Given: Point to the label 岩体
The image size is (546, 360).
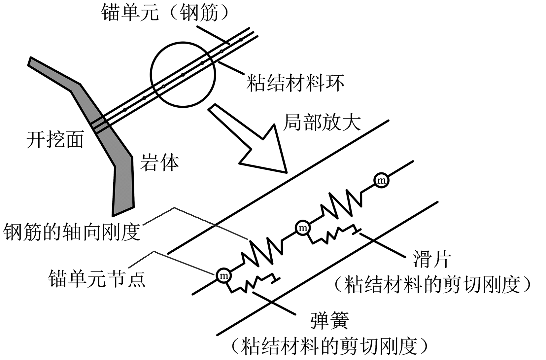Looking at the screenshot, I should point(159,162).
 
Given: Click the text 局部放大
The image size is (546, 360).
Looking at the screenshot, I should point(322,123).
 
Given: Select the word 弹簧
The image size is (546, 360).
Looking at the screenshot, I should point(329,320).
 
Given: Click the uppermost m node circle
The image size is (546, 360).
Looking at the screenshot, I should point(381,181).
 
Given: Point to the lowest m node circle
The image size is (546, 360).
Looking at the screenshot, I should point(223,275).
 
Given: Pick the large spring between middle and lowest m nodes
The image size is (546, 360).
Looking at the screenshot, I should point(262,253).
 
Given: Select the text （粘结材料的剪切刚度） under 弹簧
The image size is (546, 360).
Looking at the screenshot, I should point(329,345).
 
